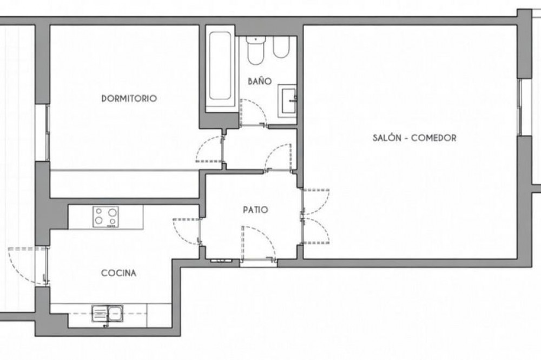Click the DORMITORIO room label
[129, 98]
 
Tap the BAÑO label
[260, 81]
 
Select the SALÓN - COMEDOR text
[414, 138]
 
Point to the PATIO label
[255, 210]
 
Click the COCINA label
[118, 273]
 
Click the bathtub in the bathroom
[220, 67]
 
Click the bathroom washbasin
[288, 101]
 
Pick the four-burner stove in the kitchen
[105, 217]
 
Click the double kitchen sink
[107, 314]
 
